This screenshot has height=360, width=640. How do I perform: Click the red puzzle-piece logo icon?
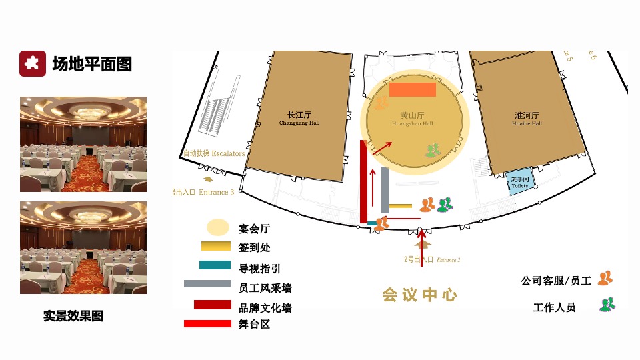pyautogui.click(x=32, y=63)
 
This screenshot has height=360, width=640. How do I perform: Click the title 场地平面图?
pyautogui.click(x=92, y=64)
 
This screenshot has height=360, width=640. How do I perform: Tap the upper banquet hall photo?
pyautogui.click(x=83, y=144)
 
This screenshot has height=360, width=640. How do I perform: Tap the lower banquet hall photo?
pyautogui.click(x=83, y=247)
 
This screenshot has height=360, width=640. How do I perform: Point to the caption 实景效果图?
pyautogui.click(x=73, y=316)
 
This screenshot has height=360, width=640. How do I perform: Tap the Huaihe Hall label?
pyautogui.click(x=527, y=119)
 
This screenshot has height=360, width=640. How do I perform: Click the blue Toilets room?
pyautogui.click(x=520, y=182)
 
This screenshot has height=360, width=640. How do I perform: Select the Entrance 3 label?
pyautogui.click(x=203, y=192)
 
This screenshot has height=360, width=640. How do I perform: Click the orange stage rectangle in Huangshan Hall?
pyautogui.click(x=413, y=90)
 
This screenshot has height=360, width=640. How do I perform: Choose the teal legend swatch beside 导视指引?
pyautogui.click(x=215, y=265)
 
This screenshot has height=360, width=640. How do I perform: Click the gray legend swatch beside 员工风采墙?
pyautogui.click(x=207, y=284)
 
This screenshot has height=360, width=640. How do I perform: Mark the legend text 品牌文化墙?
pyautogui.click(x=265, y=308)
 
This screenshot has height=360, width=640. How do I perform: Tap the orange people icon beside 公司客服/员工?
pyautogui.click(x=605, y=279)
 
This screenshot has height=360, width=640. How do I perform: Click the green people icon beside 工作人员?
pyautogui.click(x=607, y=305)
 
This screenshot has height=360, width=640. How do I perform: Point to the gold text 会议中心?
pyautogui.click(x=419, y=295)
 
